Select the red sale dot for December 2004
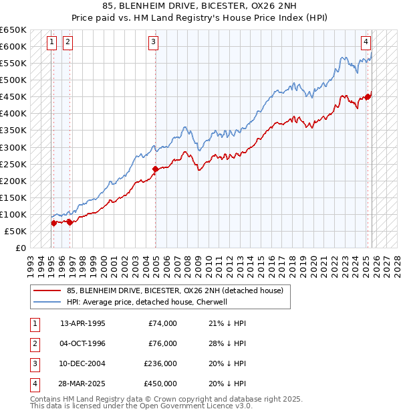155,169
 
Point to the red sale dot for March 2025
368,96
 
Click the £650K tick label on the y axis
13,30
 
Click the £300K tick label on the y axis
13,147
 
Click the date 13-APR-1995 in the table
83,323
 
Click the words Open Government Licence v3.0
202,406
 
